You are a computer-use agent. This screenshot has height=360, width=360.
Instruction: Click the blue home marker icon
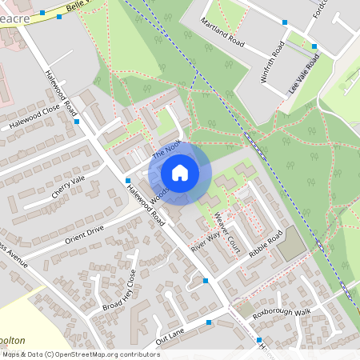point(180,172)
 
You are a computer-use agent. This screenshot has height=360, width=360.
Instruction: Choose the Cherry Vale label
point(67,186)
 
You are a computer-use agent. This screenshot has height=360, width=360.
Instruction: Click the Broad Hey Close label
point(119,290)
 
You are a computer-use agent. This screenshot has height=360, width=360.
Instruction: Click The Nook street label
point(168,149)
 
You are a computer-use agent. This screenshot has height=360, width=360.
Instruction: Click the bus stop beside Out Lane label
point(209,322)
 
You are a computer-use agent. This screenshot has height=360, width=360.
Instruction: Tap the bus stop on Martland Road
point(286,23)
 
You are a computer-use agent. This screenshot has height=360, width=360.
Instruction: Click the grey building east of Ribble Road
point(292,244)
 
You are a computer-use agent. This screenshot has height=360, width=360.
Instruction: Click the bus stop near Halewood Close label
point(76,122)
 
